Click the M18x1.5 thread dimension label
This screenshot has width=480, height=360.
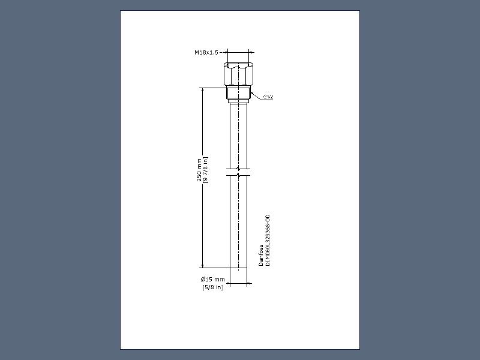coord(206,52)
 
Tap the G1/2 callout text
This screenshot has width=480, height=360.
coord(268,97)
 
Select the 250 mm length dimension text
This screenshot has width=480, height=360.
coord(199,170)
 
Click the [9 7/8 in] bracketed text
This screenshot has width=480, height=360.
coord(205,170)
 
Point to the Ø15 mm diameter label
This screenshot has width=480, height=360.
coord(213,279)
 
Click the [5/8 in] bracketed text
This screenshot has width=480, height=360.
coord(213,287)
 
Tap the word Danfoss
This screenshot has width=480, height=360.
coord(261,255)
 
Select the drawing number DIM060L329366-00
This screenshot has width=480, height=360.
coord(268,241)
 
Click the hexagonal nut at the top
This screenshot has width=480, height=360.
coord(238,74)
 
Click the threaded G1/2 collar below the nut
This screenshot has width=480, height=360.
coord(238,93)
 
